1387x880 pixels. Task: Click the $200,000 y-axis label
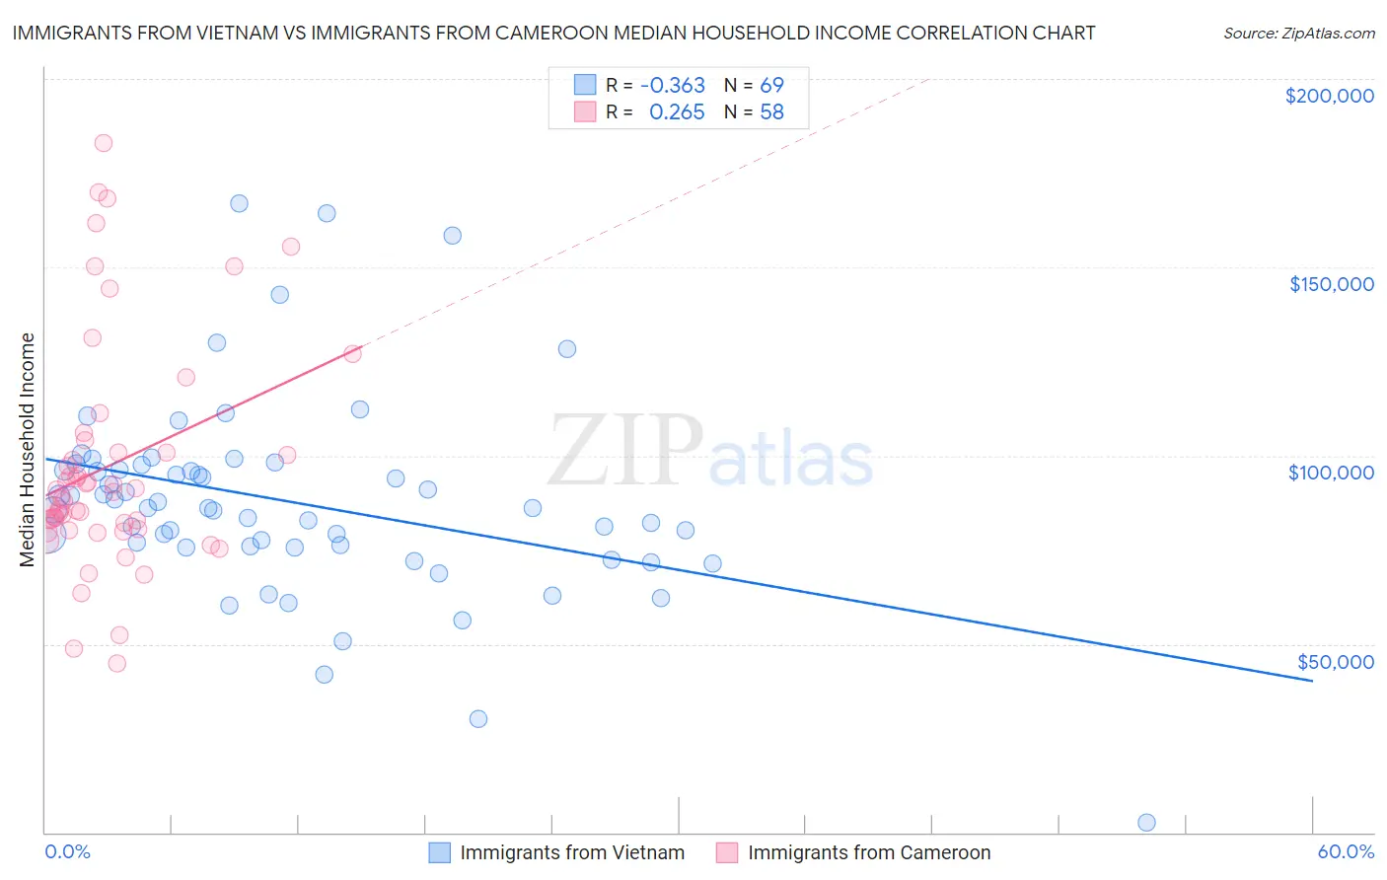coord(1329,96)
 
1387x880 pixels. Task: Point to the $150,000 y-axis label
coord(1331,284)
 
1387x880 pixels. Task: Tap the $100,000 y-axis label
coord(1331,473)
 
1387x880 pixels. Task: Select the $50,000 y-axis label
coord(1335,661)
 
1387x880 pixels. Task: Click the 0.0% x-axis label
coord(67,851)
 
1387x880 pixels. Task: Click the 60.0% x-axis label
coord(1346,851)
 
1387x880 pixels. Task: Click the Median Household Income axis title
coord(28,450)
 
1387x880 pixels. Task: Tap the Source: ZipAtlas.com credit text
coord(1298,33)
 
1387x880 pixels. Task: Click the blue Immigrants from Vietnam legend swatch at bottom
coord(439,852)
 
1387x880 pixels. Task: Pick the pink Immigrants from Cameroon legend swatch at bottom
coord(727,852)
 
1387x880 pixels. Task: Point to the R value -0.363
coord(672,85)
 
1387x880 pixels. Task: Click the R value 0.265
coord(677,112)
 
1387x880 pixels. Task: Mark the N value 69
coord(771,85)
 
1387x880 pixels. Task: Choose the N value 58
coord(771,112)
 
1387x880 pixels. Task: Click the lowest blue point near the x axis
coord(1146,823)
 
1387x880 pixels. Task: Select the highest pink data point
coord(104,143)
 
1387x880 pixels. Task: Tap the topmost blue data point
coord(239,203)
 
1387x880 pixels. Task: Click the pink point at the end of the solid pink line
coord(352,353)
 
